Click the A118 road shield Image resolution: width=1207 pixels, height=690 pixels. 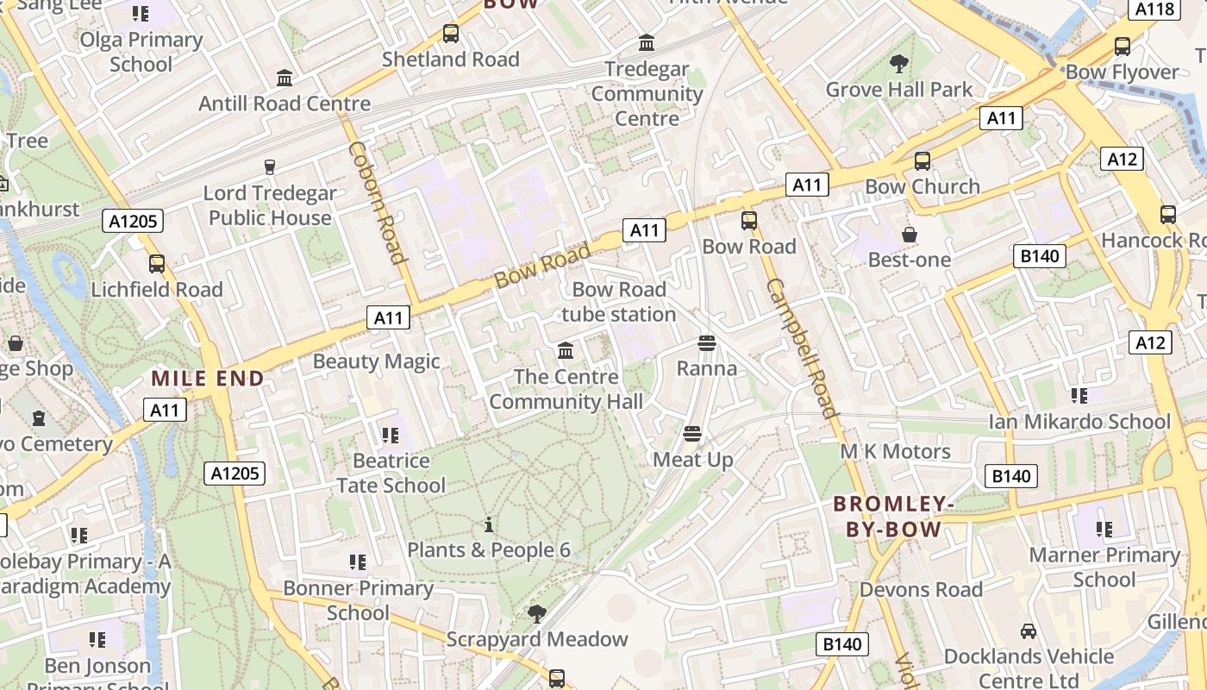tap(1154, 9)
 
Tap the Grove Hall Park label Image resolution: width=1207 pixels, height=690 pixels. tap(899, 90)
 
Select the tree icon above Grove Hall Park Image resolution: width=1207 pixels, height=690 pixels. tap(899, 63)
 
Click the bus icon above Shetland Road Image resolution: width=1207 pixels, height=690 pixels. tap(450, 34)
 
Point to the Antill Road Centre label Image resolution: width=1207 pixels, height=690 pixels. tap(285, 103)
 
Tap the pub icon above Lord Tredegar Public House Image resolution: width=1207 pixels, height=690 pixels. tap(270, 166)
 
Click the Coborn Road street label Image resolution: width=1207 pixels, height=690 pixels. tap(378, 202)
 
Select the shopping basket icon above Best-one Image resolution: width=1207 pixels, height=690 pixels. tap(909, 234)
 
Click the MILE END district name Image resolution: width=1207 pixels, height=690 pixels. tap(208, 378)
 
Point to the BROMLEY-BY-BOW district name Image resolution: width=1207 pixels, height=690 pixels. tap(893, 516)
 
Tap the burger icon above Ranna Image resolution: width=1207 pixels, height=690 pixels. tap(707, 343)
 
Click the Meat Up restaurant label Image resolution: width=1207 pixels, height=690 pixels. tap(693, 460)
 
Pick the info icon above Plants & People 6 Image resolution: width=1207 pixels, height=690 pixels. tap(489, 524)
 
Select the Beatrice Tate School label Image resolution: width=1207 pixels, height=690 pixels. tap(391, 474)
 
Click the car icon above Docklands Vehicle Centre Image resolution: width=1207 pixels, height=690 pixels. tap(1029, 630)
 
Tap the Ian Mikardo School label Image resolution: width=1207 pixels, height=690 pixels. tap(1079, 422)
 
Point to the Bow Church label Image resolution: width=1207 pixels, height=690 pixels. tap(922, 186)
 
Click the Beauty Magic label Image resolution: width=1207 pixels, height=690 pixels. tap(376, 361)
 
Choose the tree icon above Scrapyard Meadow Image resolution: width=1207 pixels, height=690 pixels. tap(537, 613)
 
